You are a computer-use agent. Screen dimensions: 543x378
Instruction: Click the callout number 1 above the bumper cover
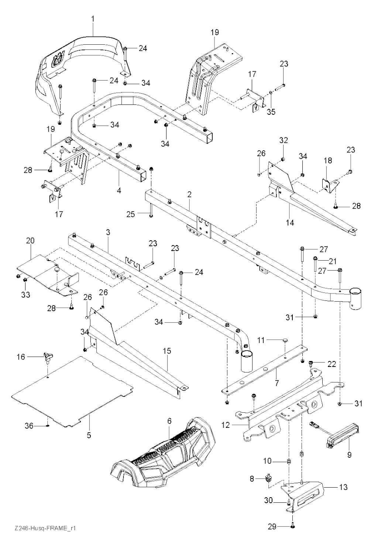pos(93,18)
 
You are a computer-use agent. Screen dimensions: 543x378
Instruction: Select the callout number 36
pos(29,426)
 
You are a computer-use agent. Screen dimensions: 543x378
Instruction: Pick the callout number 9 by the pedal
pos(349,455)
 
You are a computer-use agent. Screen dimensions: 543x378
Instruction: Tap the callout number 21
pos(333,261)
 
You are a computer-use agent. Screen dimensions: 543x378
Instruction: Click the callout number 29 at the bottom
pos(272,526)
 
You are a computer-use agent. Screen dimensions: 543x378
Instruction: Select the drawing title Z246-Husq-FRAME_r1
pos(42,529)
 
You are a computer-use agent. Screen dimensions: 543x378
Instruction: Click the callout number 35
pos(271,112)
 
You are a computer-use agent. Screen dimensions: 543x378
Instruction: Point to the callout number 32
pos(283,140)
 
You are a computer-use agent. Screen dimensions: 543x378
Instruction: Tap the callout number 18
pos(328,160)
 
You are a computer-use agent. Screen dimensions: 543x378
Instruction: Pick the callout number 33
pos(25,295)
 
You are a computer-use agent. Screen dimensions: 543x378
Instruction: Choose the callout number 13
pos(343,487)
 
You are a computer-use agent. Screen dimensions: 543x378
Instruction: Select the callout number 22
pos(332,364)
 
